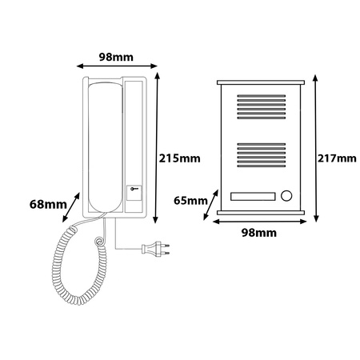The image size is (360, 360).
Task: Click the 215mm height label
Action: pos(179,158)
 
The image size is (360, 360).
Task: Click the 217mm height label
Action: pos(337,158)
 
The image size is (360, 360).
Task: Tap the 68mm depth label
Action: pos(48,205)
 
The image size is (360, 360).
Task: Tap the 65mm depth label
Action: pos(190,200)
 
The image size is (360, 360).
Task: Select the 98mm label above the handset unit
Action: pos(116,57)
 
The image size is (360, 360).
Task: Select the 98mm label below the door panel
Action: pos(259,233)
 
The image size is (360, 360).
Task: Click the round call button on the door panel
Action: pos(286,196)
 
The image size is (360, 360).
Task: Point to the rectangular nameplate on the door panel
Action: pos(253,196)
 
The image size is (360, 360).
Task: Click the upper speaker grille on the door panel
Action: pos(262,106)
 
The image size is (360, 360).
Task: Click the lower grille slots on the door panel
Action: pos(262,155)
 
